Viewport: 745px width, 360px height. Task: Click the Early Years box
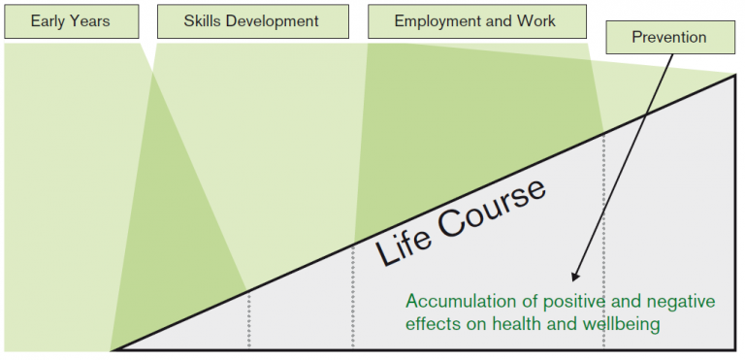(x=70, y=21)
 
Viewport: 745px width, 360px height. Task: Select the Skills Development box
(x=251, y=21)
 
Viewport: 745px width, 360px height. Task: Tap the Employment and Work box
(x=475, y=21)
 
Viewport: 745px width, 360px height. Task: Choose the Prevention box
(x=669, y=39)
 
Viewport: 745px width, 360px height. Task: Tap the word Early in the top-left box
(x=49, y=21)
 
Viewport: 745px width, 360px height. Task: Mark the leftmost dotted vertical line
(x=249, y=320)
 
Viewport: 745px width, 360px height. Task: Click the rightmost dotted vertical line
(x=603, y=243)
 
